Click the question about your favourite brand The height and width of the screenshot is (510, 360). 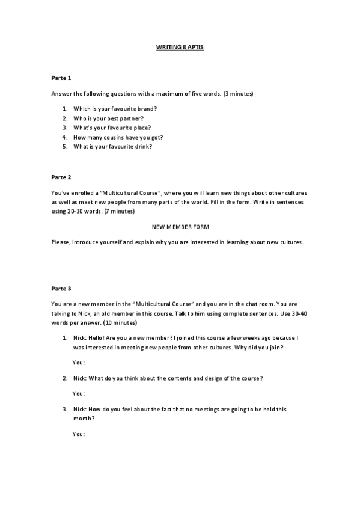[115, 109]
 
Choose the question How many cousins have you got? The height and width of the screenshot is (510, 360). [118, 137]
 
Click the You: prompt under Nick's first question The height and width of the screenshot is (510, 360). [78, 363]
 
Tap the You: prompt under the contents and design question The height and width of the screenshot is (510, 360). [78, 393]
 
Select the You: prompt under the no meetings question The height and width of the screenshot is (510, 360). [78, 434]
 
